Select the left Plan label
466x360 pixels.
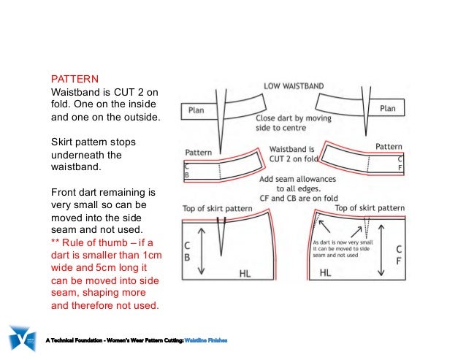(196, 110)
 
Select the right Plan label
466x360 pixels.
(387, 109)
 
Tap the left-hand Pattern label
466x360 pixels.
(198, 152)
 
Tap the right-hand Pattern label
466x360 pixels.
(389, 147)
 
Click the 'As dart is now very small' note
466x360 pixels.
(342, 242)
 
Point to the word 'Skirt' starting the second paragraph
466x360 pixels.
(62, 141)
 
